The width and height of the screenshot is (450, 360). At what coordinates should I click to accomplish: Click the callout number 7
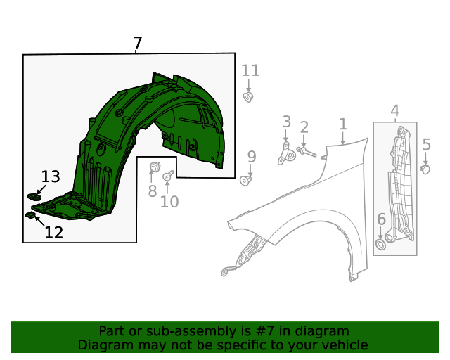(x=138, y=44)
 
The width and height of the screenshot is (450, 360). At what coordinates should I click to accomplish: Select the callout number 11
(x=250, y=70)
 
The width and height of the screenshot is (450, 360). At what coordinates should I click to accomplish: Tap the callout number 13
(x=50, y=176)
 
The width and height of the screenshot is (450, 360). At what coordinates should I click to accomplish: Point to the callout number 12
(x=53, y=232)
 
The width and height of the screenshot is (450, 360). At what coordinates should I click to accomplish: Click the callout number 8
(x=152, y=191)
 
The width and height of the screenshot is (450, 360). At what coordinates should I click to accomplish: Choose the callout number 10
(x=169, y=202)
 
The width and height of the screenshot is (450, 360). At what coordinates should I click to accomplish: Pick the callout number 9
(x=251, y=156)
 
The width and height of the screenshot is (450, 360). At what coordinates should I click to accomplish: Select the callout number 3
(x=286, y=122)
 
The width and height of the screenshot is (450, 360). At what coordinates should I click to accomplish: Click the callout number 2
(x=304, y=127)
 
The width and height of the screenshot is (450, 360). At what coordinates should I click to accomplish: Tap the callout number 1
(x=342, y=124)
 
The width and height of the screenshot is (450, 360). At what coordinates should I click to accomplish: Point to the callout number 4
(x=394, y=110)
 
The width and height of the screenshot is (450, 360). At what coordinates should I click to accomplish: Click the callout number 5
(x=426, y=145)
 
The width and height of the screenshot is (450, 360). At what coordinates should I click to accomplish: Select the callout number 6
(x=381, y=219)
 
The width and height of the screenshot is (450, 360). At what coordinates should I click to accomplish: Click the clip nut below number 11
(x=249, y=96)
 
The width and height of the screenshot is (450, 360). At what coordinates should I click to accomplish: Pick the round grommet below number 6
(x=380, y=244)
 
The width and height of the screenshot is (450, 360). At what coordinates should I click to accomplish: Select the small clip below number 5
(x=425, y=168)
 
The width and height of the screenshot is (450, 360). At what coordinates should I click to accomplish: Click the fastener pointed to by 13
(x=32, y=195)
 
